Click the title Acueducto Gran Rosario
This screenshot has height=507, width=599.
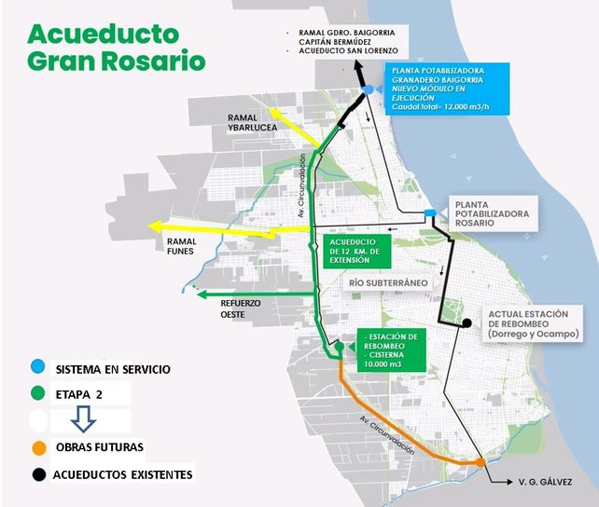click(x=117, y=48)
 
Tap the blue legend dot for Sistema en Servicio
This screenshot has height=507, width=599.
click(x=38, y=367)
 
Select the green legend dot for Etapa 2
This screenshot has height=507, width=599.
click(x=38, y=393)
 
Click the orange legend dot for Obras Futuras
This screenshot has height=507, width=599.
click(x=38, y=448)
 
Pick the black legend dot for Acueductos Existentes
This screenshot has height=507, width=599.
click(x=38, y=475)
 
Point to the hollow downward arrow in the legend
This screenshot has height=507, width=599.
click(x=83, y=418)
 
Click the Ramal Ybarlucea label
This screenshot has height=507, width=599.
click(x=252, y=123)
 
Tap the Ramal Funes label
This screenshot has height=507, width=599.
click(x=181, y=246)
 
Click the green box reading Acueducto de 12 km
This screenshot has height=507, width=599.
click(x=355, y=252)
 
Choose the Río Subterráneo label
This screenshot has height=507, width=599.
click(x=388, y=283)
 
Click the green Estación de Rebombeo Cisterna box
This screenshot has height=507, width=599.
click(x=391, y=350)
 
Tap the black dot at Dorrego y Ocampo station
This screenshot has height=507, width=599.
click(x=467, y=323)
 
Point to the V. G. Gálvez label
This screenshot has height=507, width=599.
click(x=545, y=482)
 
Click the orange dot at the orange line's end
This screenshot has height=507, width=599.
click(x=481, y=462)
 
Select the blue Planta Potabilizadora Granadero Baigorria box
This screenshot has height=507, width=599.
click(x=447, y=89)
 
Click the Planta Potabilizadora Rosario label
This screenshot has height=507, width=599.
click(x=492, y=213)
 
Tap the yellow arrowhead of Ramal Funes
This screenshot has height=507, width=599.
click(x=154, y=227)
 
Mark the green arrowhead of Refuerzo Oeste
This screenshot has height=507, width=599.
click(x=202, y=295)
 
